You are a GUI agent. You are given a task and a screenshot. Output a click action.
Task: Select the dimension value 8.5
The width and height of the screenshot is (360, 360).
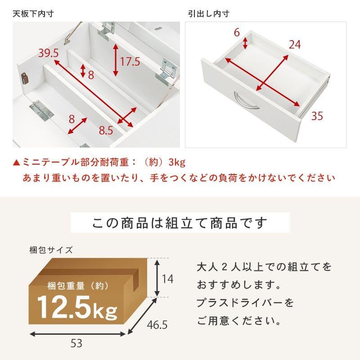pos(106,131)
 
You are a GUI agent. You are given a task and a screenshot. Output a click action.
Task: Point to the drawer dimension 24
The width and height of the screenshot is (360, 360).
pos(294,44)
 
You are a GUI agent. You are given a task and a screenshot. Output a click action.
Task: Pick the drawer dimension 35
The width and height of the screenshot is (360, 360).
pos(317,116)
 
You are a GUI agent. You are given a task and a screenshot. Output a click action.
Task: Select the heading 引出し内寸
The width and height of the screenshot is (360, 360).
pos(209,13)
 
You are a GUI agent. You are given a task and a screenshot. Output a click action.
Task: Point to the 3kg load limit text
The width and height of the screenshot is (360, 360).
pos(177,162)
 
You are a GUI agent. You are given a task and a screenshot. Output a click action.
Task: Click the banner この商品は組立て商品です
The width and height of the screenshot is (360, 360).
pos(180,223)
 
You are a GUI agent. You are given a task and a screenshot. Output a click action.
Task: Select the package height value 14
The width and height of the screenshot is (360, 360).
pos(167,279)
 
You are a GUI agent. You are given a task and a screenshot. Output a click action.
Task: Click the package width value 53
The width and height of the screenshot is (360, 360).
pos(76,344)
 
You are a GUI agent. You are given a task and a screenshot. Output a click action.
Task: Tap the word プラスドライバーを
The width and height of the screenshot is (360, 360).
pos(245,303)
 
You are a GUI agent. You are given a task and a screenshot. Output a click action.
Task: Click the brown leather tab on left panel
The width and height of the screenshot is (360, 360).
pos(25,78)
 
